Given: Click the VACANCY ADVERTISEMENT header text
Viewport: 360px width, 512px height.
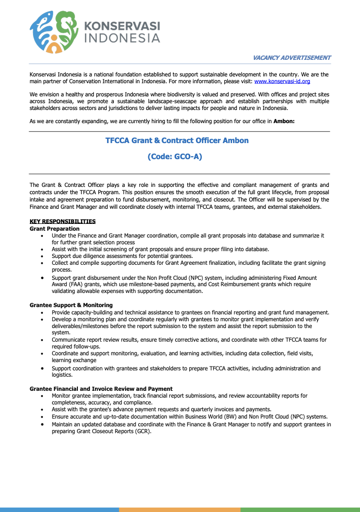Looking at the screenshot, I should pos(291,57).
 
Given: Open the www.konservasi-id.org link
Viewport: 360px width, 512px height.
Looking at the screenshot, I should pos(282,82).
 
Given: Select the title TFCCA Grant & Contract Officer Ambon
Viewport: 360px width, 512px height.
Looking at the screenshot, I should pos(177,141).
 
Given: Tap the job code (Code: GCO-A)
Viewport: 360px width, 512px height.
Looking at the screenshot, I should pos(175,157).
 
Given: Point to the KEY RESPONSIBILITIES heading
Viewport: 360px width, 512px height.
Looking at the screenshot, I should pos(62,221).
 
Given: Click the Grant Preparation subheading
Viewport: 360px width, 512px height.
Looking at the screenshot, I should pos(54,228).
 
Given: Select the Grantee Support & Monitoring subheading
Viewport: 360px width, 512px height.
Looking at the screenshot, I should pos(71,305).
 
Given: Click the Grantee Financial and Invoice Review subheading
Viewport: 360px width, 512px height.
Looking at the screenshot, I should pos(101,389).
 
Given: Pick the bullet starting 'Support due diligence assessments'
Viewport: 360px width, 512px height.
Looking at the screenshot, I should pos(122,256).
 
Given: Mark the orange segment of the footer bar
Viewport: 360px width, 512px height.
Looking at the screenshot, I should pos(180,510).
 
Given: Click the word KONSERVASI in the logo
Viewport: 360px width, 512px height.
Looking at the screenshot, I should pos(122,26).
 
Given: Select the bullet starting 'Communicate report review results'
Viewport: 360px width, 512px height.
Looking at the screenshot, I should pos(189,340).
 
